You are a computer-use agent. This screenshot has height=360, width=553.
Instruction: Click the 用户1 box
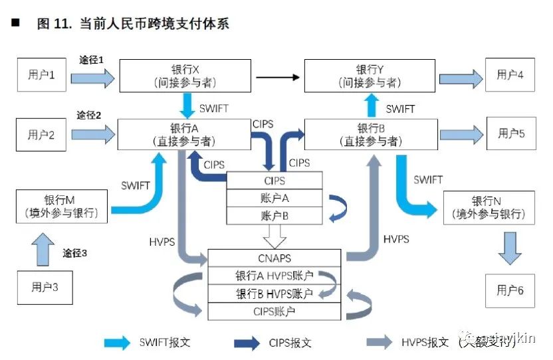click(41, 74)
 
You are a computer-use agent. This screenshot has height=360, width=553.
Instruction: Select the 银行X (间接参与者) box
click(185, 76)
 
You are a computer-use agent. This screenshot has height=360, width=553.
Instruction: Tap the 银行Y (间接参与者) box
click(370, 76)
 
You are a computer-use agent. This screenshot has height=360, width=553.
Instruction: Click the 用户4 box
click(510, 74)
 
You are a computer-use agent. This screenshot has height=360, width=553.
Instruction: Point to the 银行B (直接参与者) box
click(371, 134)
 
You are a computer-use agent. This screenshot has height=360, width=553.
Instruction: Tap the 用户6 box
click(510, 290)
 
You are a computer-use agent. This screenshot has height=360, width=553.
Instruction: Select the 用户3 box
click(45, 288)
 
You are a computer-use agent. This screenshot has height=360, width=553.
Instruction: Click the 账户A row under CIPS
click(275, 198)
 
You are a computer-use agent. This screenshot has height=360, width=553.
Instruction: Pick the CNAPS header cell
click(275, 258)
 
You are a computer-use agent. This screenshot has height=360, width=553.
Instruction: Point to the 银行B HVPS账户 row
click(275, 294)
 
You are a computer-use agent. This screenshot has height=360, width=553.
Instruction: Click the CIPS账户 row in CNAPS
click(275, 311)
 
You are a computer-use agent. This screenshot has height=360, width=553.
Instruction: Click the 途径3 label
click(76, 253)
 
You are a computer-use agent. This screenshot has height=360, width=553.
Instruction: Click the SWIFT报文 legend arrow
click(118, 343)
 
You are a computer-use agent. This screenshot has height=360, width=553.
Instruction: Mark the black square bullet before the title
click(15, 23)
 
